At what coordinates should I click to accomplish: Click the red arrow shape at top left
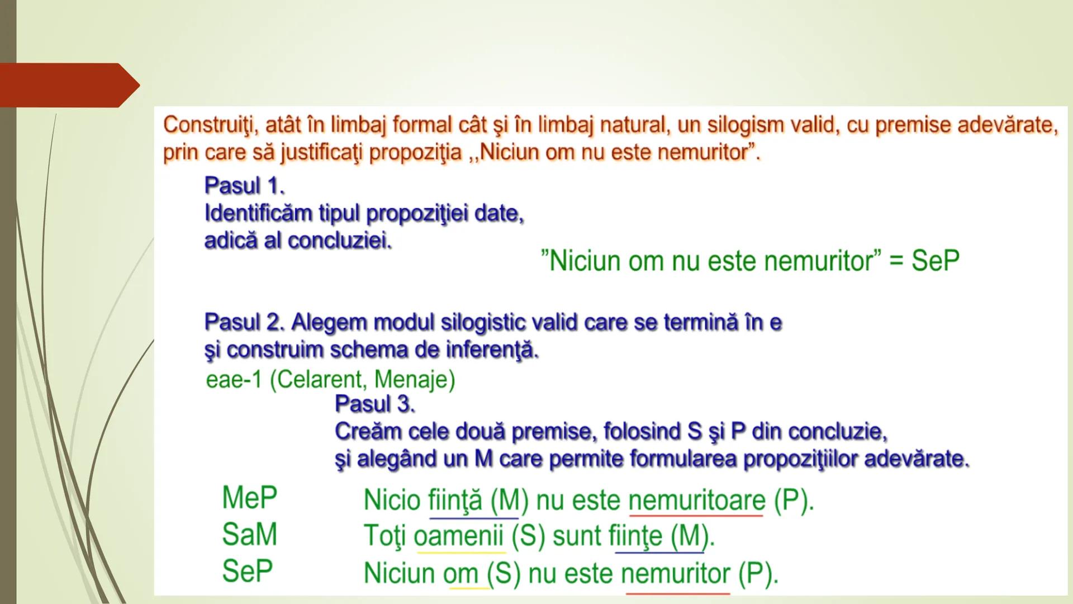point(67,85)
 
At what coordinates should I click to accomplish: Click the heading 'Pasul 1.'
point(245,186)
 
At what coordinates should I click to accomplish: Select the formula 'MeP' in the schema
point(249,498)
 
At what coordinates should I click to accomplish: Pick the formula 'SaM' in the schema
point(249,535)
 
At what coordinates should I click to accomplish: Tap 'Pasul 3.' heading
point(375,404)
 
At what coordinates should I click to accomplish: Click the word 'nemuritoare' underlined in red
point(696,500)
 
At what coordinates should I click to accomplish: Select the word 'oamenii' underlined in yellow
point(458,536)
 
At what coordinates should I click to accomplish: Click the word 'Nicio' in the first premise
point(392,500)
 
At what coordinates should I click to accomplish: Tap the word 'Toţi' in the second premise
point(385,536)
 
